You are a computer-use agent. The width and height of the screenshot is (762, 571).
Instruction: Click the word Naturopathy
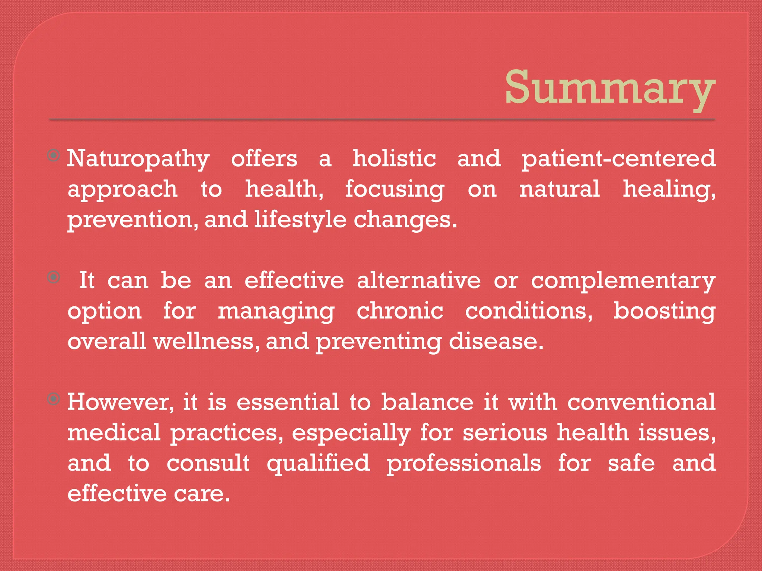point(138,159)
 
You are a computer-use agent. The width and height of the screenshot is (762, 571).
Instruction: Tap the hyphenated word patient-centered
point(618,159)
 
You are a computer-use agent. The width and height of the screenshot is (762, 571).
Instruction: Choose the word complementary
point(623,281)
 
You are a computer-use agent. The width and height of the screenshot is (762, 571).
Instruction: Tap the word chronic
point(400,311)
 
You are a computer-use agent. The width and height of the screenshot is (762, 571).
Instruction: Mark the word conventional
point(641,402)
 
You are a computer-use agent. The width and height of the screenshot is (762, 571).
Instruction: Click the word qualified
point(318,464)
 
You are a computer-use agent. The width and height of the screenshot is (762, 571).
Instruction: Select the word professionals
point(464,464)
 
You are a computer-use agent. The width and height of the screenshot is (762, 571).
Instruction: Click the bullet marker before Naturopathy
point(54,155)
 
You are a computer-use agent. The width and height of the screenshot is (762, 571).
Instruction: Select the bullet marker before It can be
point(54,277)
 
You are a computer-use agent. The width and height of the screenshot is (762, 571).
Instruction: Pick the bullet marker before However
point(54,399)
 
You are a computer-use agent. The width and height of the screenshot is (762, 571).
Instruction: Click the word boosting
point(664,311)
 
